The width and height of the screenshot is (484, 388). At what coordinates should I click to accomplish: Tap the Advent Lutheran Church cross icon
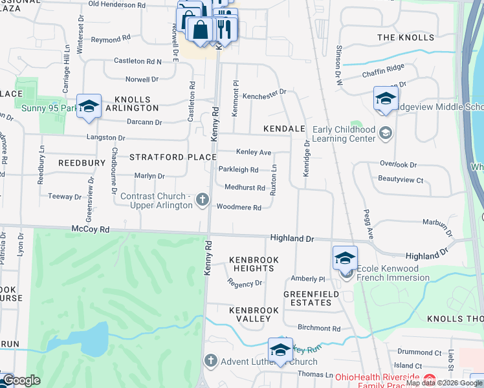(210, 360)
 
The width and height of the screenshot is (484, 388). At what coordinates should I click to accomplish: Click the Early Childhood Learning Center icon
(386, 133)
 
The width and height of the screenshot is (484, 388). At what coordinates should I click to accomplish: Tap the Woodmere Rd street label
(239, 208)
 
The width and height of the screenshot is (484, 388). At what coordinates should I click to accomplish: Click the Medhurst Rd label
(245, 188)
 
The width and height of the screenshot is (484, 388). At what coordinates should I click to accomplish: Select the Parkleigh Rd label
(238, 170)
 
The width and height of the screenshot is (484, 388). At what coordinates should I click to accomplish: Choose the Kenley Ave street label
(253, 153)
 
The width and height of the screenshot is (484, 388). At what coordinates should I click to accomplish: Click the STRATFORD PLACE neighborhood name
(173, 157)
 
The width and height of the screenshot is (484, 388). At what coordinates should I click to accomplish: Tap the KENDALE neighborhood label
(283, 129)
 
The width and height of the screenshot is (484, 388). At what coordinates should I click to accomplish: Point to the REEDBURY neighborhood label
(81, 163)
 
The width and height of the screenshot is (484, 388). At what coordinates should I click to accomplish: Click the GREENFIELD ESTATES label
(311, 299)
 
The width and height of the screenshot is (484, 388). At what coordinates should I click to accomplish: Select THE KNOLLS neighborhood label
(406, 38)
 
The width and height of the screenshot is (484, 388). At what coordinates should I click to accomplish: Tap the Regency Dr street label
(245, 283)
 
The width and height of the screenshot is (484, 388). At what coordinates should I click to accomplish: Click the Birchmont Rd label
(318, 329)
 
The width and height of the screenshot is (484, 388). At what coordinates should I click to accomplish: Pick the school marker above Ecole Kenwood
(344, 258)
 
